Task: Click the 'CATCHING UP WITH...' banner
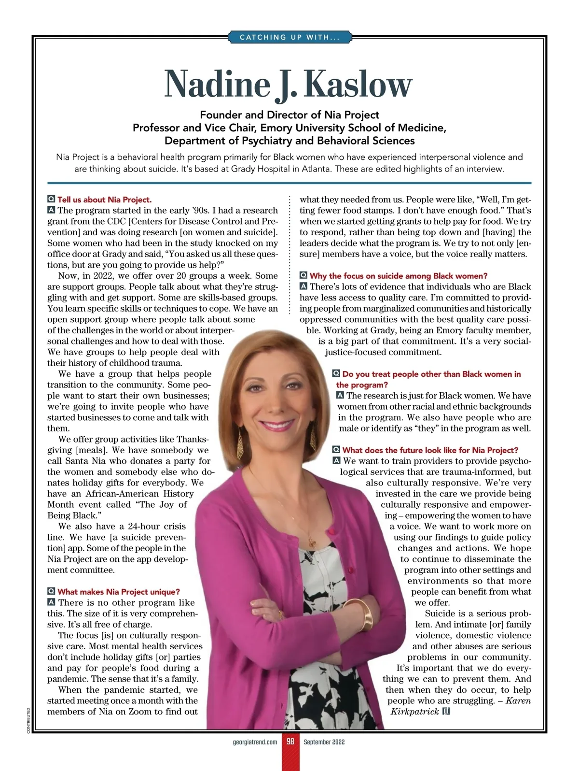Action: pyautogui.click(x=289, y=37)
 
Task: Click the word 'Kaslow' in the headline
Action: pyautogui.click(x=358, y=85)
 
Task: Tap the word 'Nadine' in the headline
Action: pyautogui.click(x=217, y=85)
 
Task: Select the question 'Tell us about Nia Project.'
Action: pyautogui.click(x=104, y=200)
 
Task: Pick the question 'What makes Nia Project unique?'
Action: pyautogui.click(x=118, y=592)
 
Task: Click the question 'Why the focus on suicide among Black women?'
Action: pyautogui.click(x=398, y=276)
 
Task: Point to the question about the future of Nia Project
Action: pyautogui.click(x=430, y=450)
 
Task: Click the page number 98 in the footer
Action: pyautogui.click(x=290, y=742)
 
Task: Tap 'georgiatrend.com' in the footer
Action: pyautogui.click(x=255, y=742)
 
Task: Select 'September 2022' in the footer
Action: pyautogui.click(x=324, y=742)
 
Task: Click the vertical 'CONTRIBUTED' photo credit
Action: pyautogui.click(x=29, y=721)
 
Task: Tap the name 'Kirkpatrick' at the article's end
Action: pyautogui.click(x=414, y=712)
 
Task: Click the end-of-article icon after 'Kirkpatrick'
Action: pyautogui.click(x=446, y=711)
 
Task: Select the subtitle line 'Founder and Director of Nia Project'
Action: pyautogui.click(x=289, y=115)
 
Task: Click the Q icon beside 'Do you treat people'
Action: pyautogui.click(x=336, y=374)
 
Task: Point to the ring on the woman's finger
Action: pyautogui.click(x=280, y=614)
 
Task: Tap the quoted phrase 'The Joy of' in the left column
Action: pyautogui.click(x=160, y=504)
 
